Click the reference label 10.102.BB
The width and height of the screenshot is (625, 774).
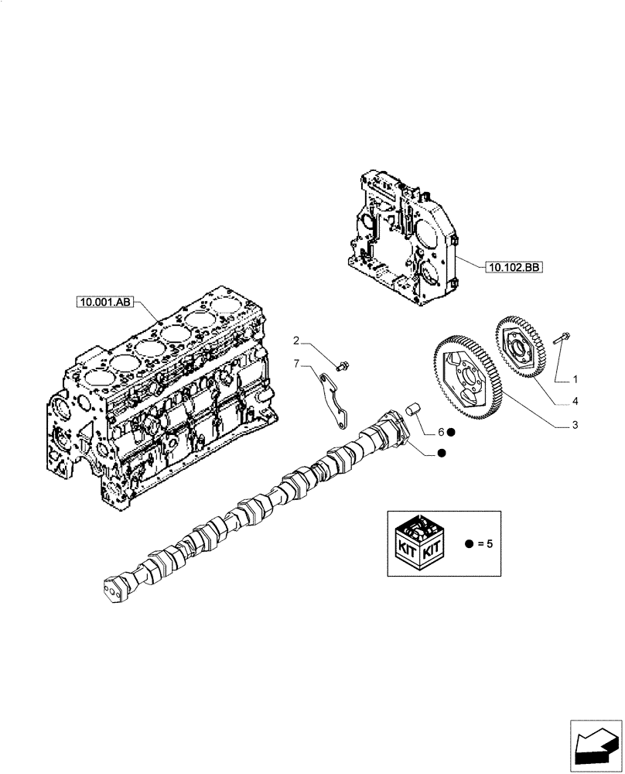pyautogui.click(x=514, y=268)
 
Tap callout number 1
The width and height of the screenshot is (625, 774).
pyautogui.click(x=575, y=379)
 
